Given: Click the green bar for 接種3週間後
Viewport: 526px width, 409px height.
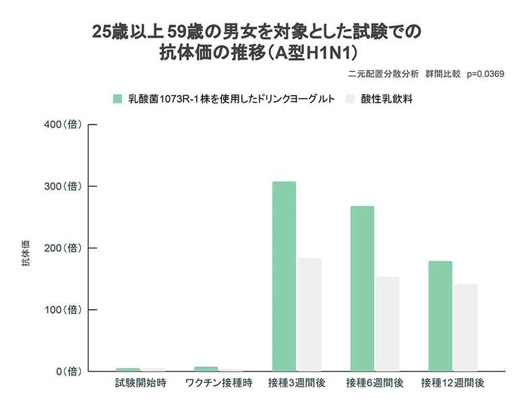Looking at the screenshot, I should (x=284, y=277).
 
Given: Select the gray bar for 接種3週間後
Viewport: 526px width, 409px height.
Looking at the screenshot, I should (x=310, y=315).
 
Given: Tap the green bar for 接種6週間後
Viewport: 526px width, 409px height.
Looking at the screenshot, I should (x=362, y=289).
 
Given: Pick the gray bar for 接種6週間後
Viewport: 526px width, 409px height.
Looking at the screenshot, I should (x=388, y=325).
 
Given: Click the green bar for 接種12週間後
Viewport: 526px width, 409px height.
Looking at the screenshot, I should (x=440, y=316).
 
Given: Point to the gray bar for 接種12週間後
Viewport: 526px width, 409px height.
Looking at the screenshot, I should (x=466, y=328).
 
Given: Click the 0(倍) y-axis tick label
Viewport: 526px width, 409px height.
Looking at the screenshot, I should (x=69, y=371).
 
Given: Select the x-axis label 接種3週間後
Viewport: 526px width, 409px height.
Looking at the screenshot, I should (x=297, y=383).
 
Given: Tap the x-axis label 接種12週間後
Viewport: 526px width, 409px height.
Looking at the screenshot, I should (x=453, y=383).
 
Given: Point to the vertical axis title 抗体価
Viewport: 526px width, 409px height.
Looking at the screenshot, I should (x=26, y=256).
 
